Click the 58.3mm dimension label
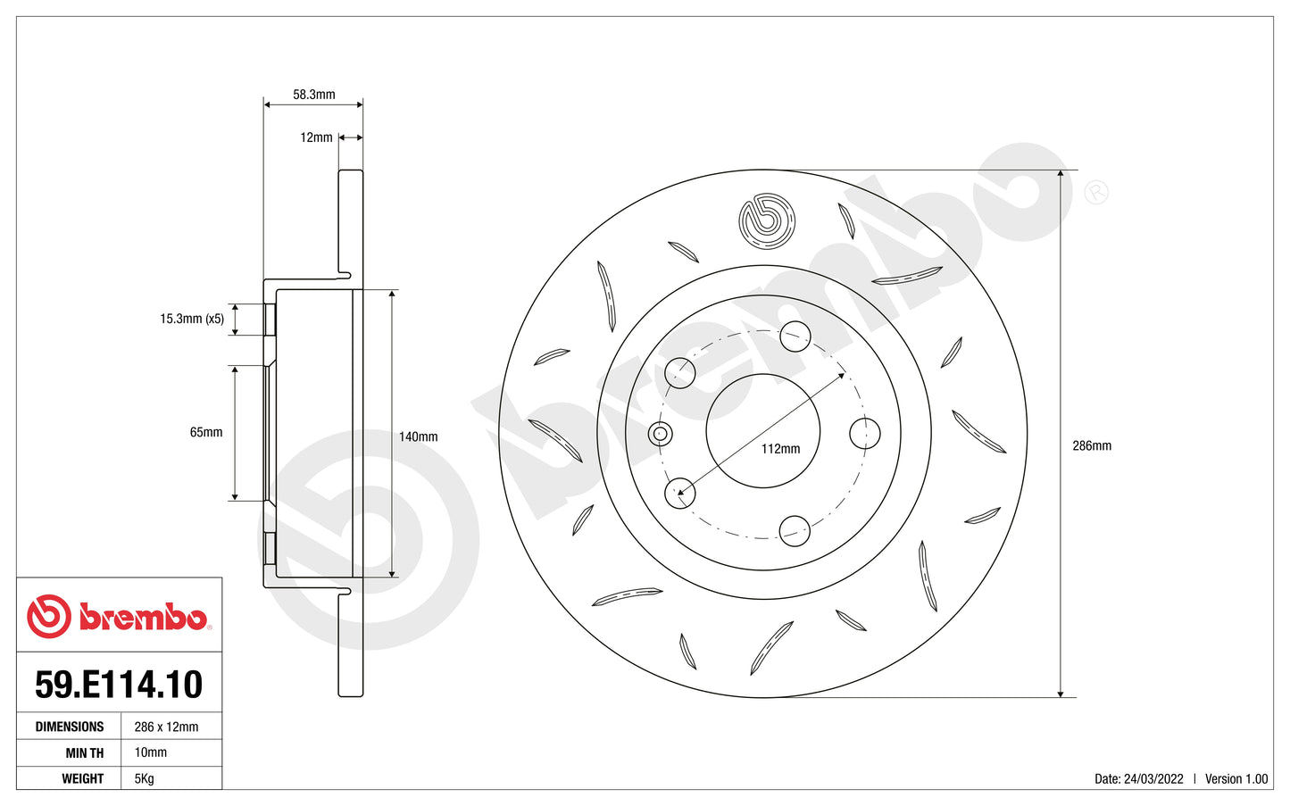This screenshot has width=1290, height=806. (313, 95)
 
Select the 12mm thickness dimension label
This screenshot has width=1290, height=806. (316, 137)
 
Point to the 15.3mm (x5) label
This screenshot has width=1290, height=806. (192, 319)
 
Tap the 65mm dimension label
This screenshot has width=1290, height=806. (206, 432)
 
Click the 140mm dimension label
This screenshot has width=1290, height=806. (418, 437)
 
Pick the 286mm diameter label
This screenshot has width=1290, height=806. (1092, 445)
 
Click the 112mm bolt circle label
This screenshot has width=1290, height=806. (780, 449)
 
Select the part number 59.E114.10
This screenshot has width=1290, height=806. (119, 685)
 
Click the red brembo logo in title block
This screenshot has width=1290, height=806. (119, 616)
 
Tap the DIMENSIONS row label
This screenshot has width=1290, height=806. (70, 727)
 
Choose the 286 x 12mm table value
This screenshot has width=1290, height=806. (166, 727)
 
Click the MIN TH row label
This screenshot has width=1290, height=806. (84, 752)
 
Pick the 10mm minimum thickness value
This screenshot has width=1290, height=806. (150, 752)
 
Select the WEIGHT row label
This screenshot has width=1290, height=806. (82, 778)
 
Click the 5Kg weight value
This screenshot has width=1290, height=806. (144, 778)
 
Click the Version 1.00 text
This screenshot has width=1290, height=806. (1236, 778)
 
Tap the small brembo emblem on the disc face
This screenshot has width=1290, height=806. (766, 220)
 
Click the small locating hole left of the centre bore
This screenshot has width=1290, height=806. (660, 435)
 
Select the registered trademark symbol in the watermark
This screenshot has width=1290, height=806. (1095, 192)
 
